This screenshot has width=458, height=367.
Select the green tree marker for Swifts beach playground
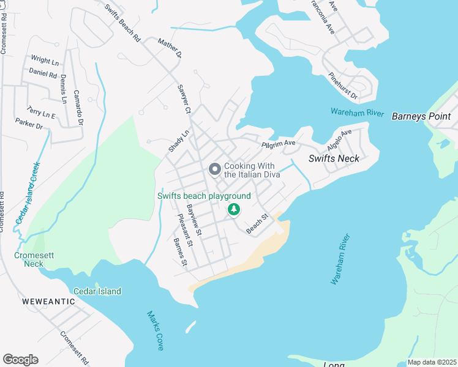tap(233, 210)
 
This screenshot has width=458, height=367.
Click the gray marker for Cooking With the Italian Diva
tap(215, 169)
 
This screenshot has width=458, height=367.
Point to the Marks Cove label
tap(155, 331)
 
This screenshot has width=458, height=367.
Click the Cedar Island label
tap(97, 291)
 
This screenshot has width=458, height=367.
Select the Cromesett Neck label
tap(33, 259)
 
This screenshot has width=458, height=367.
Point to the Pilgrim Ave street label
tap(279, 144)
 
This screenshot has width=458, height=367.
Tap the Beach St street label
tap(258, 224)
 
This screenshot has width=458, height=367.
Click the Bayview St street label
tap(194, 221)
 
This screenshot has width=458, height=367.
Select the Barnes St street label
tap(179, 252)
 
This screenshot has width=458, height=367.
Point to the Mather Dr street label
tap(170, 48)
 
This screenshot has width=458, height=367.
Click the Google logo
tap(20, 360)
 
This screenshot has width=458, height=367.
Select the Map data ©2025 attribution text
tap(431, 362)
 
